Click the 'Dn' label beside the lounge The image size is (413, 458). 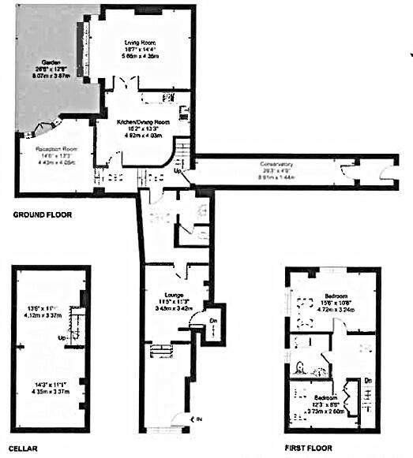coord(213,320)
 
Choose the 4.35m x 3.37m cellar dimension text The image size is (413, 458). coord(47,390)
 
